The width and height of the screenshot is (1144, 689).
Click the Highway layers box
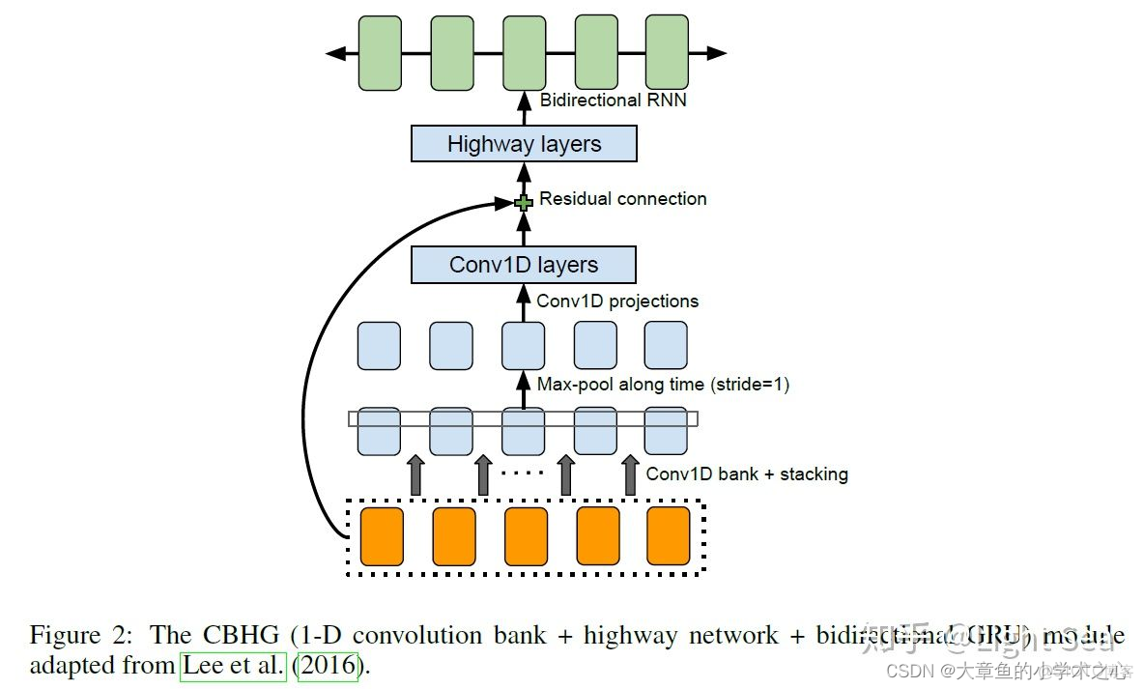(524, 144)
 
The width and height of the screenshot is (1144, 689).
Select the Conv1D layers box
(524, 265)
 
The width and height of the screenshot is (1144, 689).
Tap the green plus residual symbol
(524, 202)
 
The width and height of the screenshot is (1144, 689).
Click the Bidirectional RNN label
(613, 100)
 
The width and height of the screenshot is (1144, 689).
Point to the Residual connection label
(622, 199)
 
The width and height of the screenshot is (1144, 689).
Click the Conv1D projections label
(616, 301)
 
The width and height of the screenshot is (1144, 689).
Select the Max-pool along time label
(663, 384)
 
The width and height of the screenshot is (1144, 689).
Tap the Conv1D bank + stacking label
(746, 474)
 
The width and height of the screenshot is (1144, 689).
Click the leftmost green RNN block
(380, 53)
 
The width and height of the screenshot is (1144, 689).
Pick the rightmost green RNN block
(667, 53)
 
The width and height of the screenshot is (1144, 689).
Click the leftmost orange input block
(382, 536)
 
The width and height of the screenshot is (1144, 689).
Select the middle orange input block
(526, 536)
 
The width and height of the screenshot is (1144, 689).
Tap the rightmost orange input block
(669, 536)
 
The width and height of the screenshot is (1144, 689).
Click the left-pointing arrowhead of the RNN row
(335, 53)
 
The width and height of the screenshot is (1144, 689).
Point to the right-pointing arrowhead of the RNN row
(716, 53)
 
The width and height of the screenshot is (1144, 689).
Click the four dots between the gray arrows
(524, 473)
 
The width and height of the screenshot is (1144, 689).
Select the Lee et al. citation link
(233, 667)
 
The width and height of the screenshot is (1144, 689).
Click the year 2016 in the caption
(329, 667)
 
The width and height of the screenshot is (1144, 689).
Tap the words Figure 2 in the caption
(79, 636)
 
